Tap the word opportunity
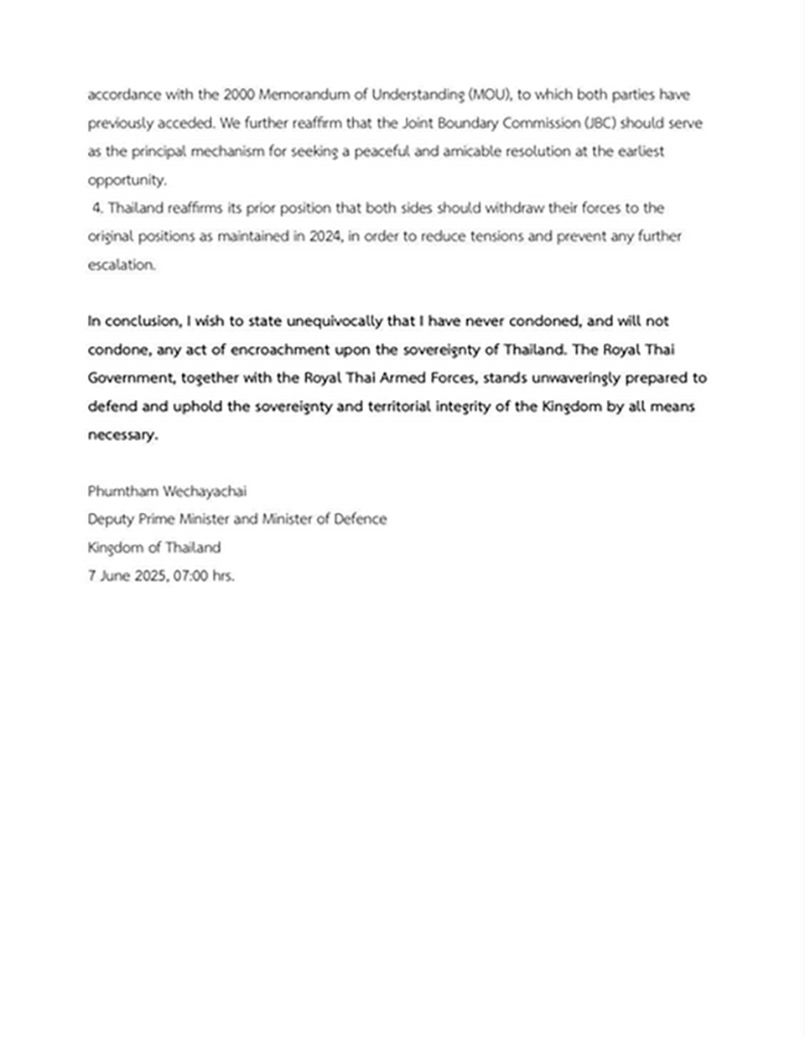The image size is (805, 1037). [127, 180]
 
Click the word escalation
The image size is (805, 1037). [122, 265]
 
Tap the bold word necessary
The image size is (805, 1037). [122, 435]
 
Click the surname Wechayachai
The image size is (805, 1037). [205, 491]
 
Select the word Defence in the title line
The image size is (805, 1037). [360, 519]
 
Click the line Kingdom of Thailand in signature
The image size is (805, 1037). [154, 547]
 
